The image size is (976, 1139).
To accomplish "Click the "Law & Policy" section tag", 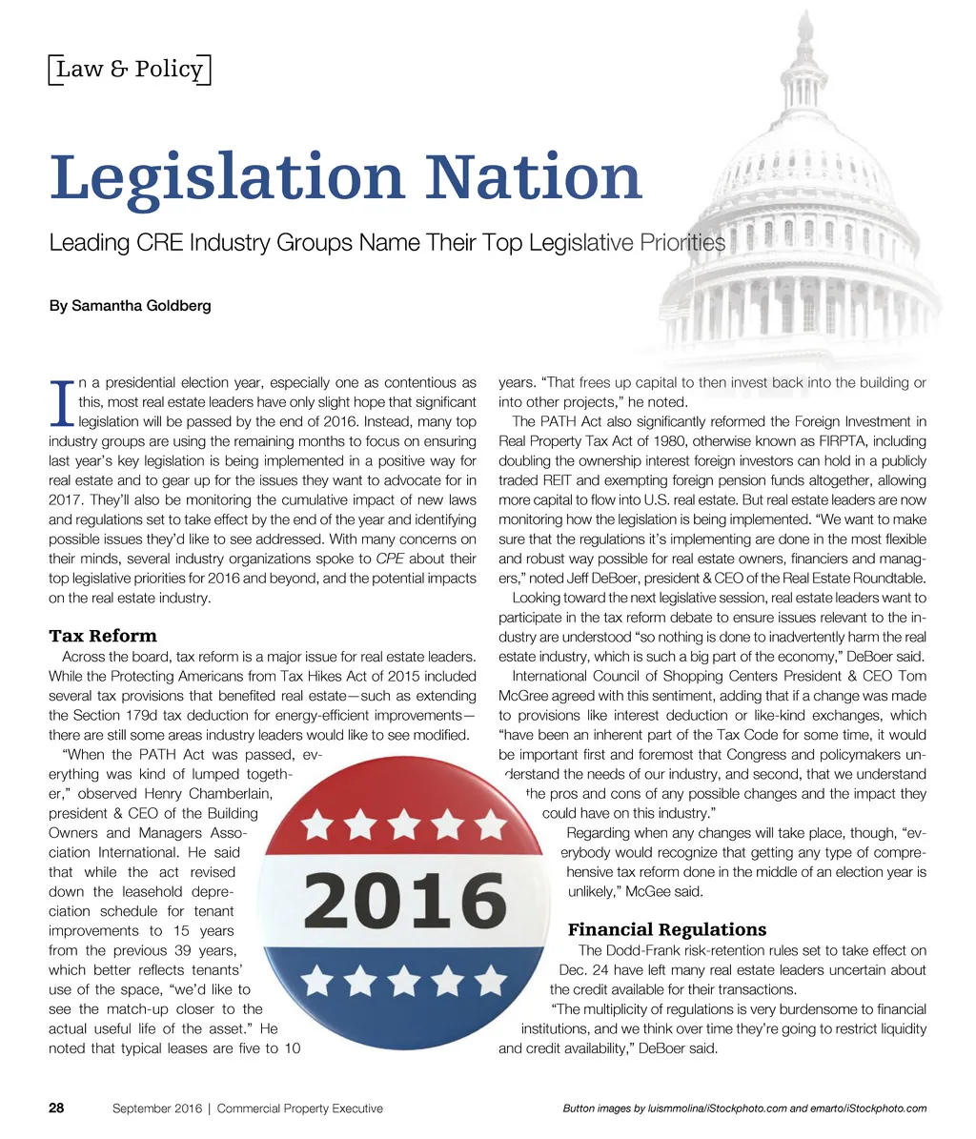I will (x=129, y=70).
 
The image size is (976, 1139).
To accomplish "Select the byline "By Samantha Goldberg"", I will (x=130, y=306).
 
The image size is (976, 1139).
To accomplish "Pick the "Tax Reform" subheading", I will (x=103, y=636).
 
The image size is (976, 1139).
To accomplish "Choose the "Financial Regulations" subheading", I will (x=667, y=929).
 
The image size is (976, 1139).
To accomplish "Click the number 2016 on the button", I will (x=405, y=899).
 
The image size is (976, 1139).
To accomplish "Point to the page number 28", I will (x=56, y=1108).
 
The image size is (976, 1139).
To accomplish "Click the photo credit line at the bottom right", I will (x=744, y=1108).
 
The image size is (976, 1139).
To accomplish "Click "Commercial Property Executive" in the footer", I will (x=304, y=1108).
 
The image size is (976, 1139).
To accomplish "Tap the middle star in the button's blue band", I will (x=404, y=979).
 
